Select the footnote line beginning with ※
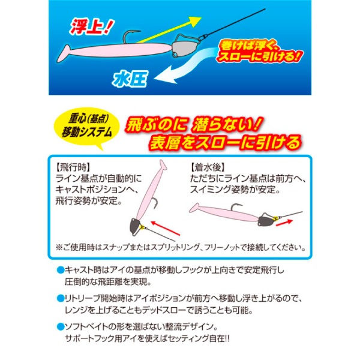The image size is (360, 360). (180, 246)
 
